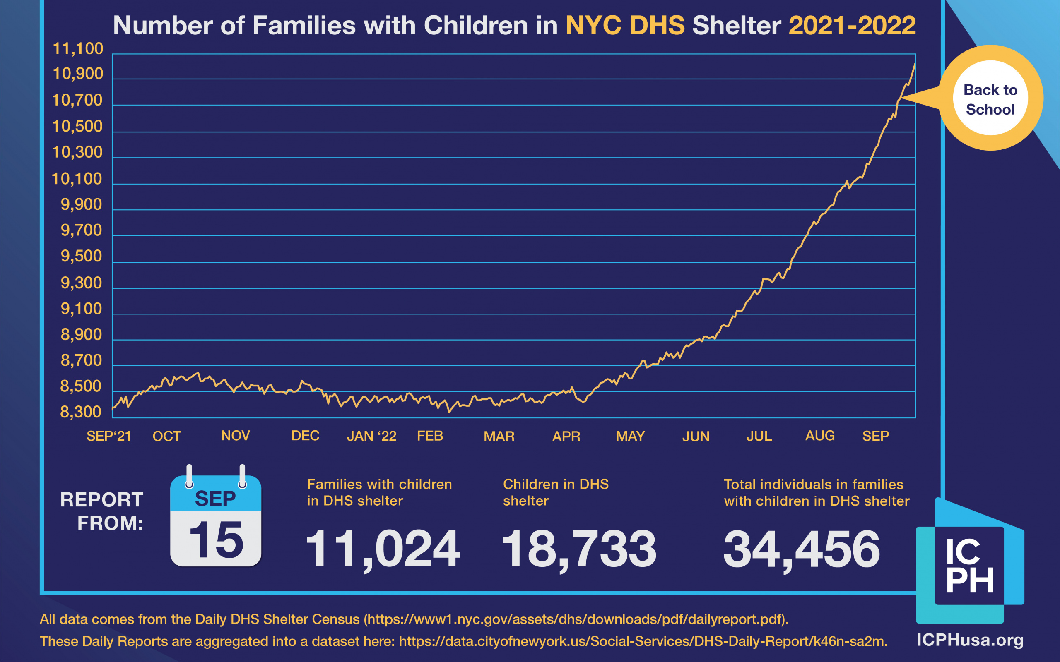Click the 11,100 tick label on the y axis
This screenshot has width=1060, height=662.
[77, 48]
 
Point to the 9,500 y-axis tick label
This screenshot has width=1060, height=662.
[81, 256]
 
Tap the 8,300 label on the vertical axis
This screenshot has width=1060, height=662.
[81, 412]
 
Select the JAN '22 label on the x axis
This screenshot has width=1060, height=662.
[371, 436]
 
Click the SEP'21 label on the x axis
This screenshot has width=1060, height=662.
[108, 436]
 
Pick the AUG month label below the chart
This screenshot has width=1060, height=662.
[820, 436]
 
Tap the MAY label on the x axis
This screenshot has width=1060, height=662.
[630, 436]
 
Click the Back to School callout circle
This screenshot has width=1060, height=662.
[990, 99]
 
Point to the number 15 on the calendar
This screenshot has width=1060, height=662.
[216, 540]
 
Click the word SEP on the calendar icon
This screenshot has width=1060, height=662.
[215, 499]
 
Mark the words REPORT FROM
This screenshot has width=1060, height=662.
[102, 511]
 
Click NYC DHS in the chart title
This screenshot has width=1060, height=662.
[625, 25]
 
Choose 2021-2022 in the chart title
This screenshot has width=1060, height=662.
[852, 25]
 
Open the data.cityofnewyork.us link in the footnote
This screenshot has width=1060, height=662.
[643, 641]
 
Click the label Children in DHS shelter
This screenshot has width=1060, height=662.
[555, 492]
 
